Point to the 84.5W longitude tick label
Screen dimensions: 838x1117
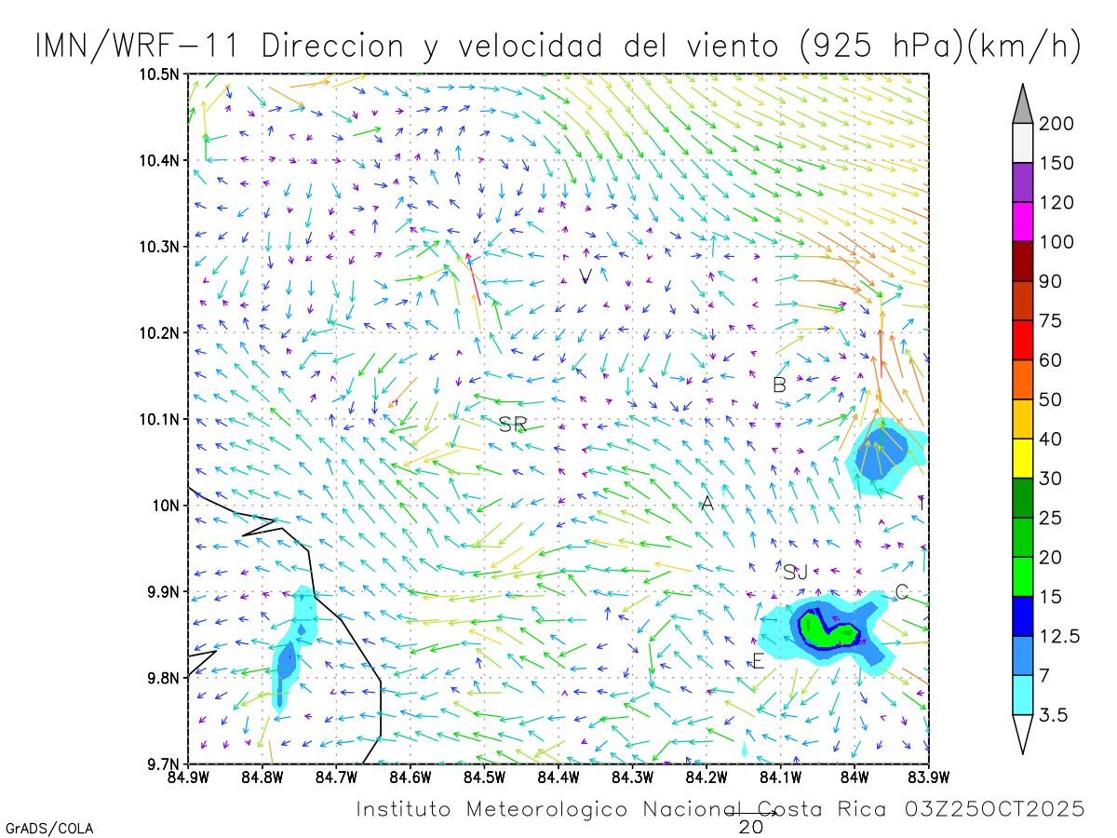pyautogui.click(x=483, y=776)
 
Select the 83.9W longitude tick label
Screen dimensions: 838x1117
pyautogui.click(x=928, y=776)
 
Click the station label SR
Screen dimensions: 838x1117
pyautogui.click(x=513, y=426)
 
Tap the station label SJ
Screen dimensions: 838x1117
pyautogui.click(x=795, y=572)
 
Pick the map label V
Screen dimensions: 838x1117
pyautogui.click(x=585, y=276)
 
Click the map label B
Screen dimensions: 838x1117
pyautogui.click(x=780, y=385)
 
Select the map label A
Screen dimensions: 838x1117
pyautogui.click(x=707, y=504)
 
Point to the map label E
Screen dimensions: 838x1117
pyautogui.click(x=758, y=662)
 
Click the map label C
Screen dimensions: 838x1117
pyautogui.click(x=901, y=592)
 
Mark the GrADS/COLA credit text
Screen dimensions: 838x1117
pyautogui.click(x=49, y=828)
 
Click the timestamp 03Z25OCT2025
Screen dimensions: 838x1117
pyautogui.click(x=994, y=808)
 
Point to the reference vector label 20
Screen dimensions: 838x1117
pyautogui.click(x=751, y=826)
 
